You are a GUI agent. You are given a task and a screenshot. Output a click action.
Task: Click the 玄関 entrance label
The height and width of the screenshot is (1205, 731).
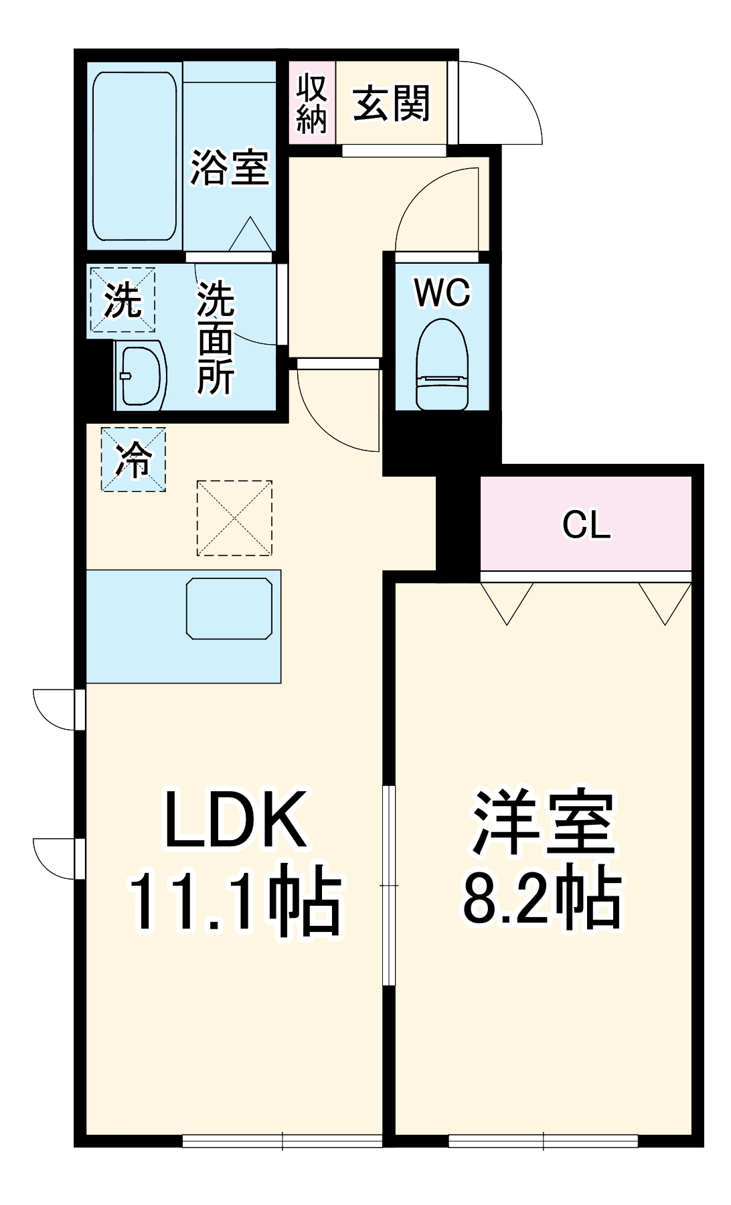coord(392,104)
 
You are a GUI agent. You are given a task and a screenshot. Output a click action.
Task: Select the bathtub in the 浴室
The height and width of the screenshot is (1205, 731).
coord(135,156)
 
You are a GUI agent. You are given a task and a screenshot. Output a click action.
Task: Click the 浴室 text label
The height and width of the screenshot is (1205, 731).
coord(230,167)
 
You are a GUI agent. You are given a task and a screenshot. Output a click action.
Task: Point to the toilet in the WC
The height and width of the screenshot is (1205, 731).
coord(442,365)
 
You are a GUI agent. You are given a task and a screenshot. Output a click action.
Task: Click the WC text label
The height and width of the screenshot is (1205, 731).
coord(442,293)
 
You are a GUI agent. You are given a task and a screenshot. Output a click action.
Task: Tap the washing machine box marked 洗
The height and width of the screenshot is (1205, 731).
coord(123,300)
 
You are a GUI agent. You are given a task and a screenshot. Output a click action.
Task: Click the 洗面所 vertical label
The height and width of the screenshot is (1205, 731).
coord(216,338)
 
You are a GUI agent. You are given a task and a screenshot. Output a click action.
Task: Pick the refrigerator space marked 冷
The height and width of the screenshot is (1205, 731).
coord(133,460)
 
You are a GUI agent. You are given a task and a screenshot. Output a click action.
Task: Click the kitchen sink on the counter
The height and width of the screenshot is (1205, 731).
coord(229,609)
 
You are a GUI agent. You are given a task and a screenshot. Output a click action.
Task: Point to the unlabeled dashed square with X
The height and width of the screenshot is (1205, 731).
coord(234,517)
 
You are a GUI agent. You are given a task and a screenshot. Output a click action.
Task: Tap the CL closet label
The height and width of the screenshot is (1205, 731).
coord(586,525)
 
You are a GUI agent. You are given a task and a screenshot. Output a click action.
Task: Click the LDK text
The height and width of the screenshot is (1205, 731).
coord(236,819)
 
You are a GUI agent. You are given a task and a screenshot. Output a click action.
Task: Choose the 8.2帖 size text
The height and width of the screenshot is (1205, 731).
coord(542,898)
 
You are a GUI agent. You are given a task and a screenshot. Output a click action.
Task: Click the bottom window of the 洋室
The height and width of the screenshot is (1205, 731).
coord(543,1140)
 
